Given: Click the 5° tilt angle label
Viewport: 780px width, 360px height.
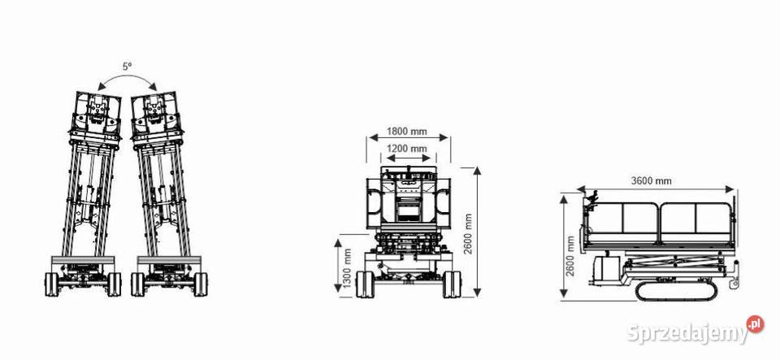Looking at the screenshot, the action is [x=128, y=67].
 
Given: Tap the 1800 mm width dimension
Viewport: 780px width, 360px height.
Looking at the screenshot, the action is [x=407, y=132].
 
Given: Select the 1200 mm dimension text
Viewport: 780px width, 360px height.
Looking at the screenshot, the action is [x=407, y=148].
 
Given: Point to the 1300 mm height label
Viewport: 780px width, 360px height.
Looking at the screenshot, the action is [x=348, y=267].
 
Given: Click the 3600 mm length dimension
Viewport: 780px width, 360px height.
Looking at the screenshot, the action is [x=651, y=180].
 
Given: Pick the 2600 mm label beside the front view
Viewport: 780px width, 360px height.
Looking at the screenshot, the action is [x=468, y=234].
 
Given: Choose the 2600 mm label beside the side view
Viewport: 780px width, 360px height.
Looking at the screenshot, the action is [x=570, y=256].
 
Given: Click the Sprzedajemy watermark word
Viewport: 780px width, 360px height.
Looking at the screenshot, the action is [x=687, y=332].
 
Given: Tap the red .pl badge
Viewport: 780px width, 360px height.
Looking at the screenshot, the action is [x=755, y=324].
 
